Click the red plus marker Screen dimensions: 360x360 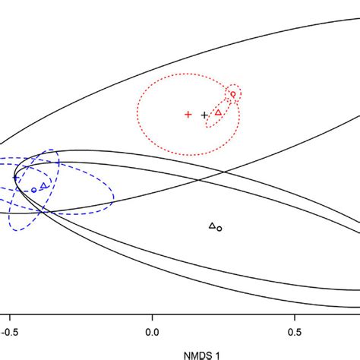[188, 115]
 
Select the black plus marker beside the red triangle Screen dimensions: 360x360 [204, 115]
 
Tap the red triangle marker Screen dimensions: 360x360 [219, 112]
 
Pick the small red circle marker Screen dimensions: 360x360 [233, 94]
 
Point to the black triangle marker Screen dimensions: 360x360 [212, 225]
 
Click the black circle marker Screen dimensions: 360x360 [219, 228]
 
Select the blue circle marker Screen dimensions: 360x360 [33, 190]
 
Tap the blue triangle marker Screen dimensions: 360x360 [43, 185]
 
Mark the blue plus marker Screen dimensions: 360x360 [15, 178]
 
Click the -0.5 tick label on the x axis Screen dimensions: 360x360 [8, 332]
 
